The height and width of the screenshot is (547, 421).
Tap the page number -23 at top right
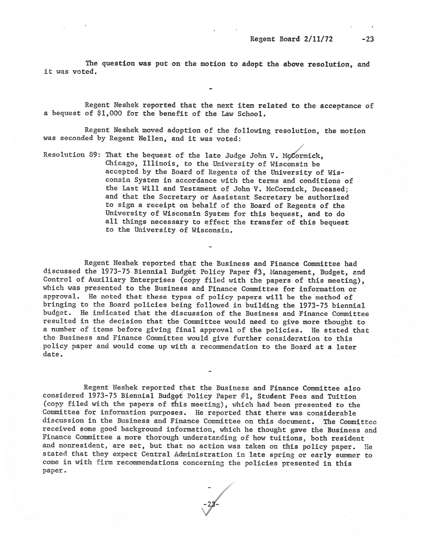368,39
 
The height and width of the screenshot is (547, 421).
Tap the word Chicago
122,164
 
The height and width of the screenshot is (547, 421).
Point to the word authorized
328,197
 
